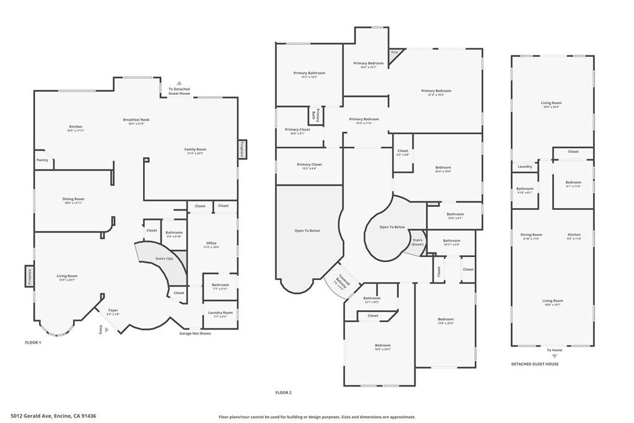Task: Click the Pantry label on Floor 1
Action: [42, 160]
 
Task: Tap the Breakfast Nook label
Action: [136, 120]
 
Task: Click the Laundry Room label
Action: [220, 313]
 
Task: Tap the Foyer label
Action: [113, 310]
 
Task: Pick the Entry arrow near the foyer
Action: [106, 330]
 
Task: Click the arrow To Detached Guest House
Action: [180, 82]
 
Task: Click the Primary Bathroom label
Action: [309, 73]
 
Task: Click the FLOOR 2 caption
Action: [284, 393]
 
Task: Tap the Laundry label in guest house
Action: [524, 166]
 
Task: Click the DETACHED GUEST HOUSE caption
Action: [534, 364]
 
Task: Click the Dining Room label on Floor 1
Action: [73, 199]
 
